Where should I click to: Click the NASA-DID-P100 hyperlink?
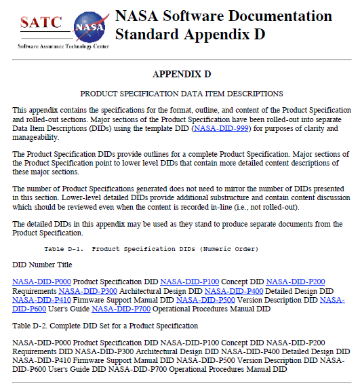click(190, 281)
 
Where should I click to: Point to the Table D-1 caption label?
click(68, 248)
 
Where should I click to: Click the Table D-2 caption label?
click(31, 326)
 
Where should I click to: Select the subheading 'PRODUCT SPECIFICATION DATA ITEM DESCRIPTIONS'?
click(182, 93)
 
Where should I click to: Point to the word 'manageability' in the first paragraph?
click(34, 137)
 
